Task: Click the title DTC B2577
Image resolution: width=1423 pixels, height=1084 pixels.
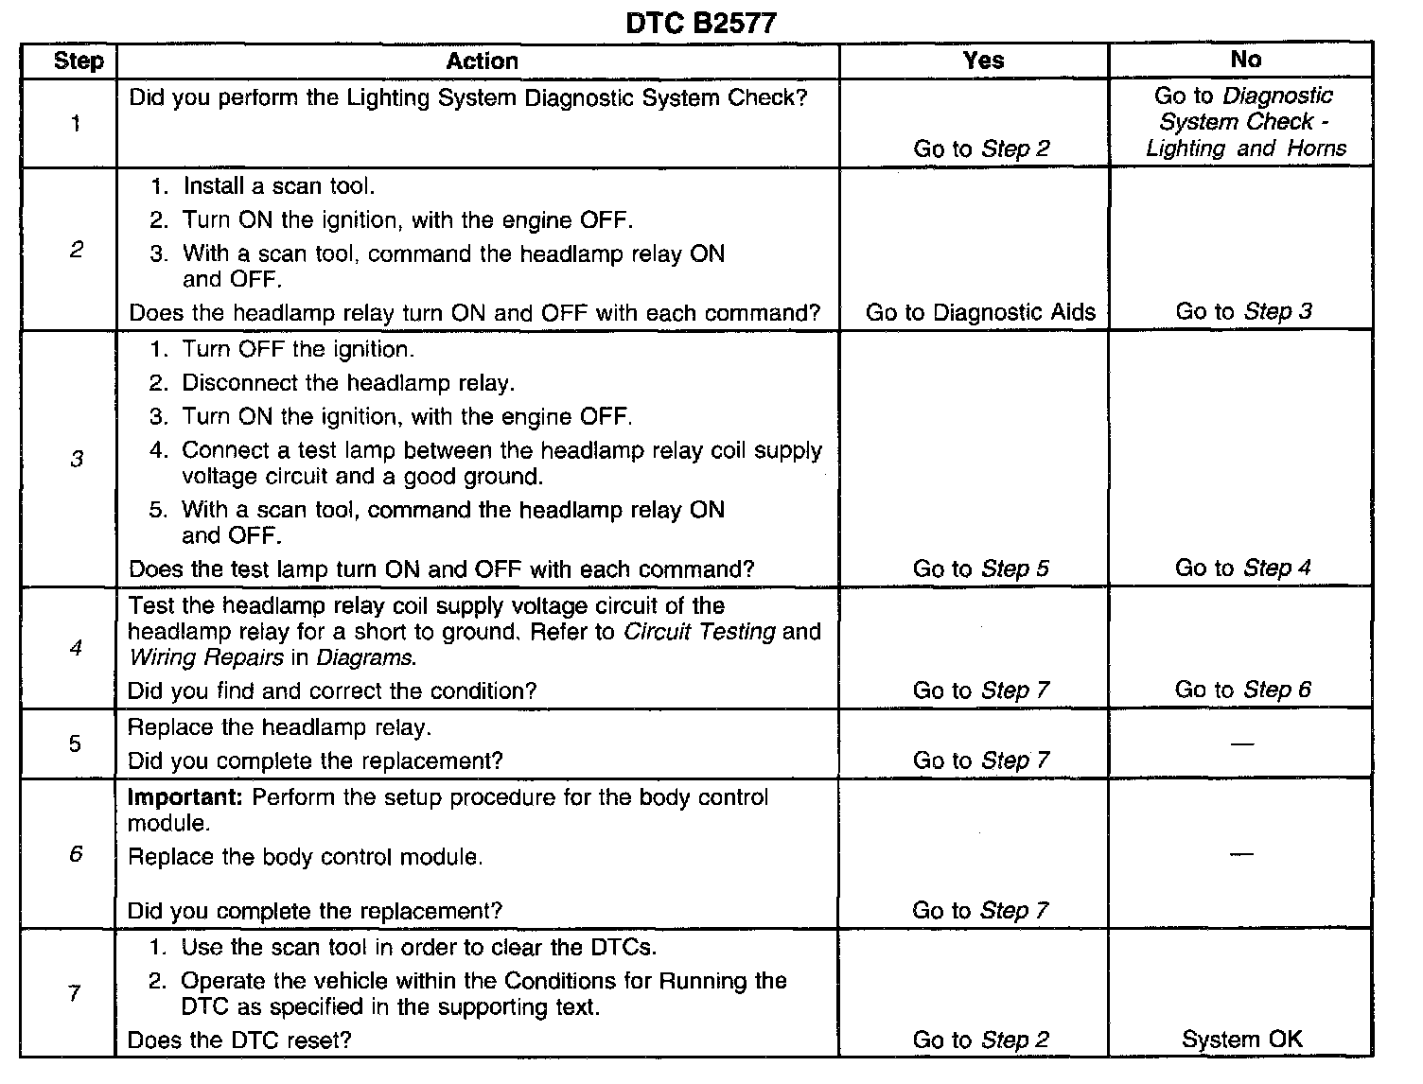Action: pyautogui.click(x=701, y=23)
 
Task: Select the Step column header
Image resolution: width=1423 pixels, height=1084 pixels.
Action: pyautogui.click(x=78, y=61)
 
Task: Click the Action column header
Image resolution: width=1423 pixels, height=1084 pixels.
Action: pyautogui.click(x=482, y=61)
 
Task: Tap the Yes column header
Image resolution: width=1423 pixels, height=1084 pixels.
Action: pyautogui.click(x=982, y=61)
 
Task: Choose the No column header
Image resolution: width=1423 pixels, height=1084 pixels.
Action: pyautogui.click(x=1245, y=60)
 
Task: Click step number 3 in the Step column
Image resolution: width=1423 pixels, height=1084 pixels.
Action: pyautogui.click(x=77, y=460)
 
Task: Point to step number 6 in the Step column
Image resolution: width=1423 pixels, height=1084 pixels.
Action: pyautogui.click(x=76, y=854)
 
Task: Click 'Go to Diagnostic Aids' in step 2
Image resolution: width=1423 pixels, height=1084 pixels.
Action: pyautogui.click(x=980, y=313)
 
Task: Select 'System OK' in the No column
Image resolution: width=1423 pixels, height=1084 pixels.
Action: pyautogui.click(x=1241, y=1040)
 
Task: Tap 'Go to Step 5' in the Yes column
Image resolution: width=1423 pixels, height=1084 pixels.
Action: pyautogui.click(x=980, y=569)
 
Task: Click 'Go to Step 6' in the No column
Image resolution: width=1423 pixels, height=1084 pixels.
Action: pyautogui.click(x=1242, y=690)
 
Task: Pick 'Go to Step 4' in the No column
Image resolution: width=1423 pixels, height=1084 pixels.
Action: pyautogui.click(x=1242, y=568)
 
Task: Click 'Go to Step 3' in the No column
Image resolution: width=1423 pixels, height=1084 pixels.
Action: pyautogui.click(x=1243, y=312)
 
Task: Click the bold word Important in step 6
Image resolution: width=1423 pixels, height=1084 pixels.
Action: pyautogui.click(x=185, y=797)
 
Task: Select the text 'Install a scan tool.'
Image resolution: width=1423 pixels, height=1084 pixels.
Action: pyautogui.click(x=279, y=186)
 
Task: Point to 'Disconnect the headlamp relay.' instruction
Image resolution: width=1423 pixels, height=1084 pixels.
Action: pyautogui.click(x=348, y=383)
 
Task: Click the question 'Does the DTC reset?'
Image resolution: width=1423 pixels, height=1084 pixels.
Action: pyautogui.click(x=239, y=1040)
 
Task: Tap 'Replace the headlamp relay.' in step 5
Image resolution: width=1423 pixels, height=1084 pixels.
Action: pyautogui.click(x=279, y=728)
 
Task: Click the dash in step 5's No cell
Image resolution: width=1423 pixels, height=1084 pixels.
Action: pyautogui.click(x=1242, y=744)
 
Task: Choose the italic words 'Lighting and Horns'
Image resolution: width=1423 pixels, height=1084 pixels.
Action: pyautogui.click(x=1245, y=149)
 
